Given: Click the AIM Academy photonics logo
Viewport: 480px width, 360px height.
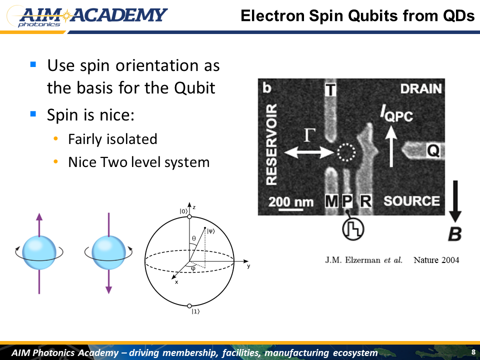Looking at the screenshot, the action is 87,17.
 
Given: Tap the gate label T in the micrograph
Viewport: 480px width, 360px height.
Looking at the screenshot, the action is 330,90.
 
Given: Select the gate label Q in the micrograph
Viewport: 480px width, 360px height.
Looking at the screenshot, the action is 433,150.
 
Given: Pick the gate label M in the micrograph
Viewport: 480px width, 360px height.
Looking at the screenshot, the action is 331,201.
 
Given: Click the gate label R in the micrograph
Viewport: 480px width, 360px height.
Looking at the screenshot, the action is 365,201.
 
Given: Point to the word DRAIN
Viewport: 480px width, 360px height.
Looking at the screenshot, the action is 421,89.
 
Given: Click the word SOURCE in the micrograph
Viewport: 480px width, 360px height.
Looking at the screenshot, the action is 411,201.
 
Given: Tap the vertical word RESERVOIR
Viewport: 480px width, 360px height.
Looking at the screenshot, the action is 271,144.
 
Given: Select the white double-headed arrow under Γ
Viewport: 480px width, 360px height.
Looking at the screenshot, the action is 309,152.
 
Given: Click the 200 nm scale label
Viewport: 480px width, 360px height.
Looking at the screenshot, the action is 291,202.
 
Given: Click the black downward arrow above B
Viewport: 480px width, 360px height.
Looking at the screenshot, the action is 455,201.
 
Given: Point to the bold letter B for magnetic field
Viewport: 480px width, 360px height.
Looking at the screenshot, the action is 455,234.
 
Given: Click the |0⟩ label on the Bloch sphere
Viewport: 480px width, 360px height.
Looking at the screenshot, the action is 183,211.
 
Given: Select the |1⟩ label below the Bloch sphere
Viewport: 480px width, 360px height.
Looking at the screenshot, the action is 195,311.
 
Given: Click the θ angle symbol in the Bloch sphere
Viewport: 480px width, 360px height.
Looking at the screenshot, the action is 194,238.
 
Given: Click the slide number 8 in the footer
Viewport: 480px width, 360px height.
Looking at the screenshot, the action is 473,352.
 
